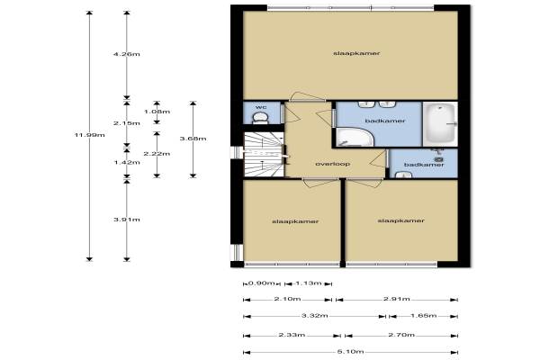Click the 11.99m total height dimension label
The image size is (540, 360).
89,135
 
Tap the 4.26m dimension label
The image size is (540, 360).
127,54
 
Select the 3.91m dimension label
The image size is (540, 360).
127,220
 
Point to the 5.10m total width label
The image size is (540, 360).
351,352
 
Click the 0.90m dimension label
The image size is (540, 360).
262,283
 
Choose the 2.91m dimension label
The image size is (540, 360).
397,299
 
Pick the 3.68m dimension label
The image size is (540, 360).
193,139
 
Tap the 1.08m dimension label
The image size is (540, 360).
157,112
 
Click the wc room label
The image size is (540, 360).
261,107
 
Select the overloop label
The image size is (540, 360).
333,164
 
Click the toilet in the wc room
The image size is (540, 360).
260,118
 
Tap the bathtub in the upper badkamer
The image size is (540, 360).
440,124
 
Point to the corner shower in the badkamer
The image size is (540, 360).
354,138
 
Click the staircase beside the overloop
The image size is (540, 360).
264,154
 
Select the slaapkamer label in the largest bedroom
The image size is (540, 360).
356,53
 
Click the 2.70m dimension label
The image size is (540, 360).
401,335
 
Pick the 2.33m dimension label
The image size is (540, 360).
292,335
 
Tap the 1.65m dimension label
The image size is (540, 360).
424,316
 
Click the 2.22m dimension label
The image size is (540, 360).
157,154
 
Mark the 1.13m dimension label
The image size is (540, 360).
309,283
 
